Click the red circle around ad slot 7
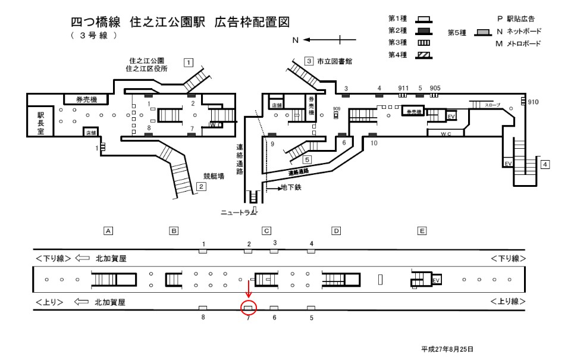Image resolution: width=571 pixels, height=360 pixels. (x=249, y=308)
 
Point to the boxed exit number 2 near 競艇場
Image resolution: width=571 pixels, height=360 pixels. (x=202, y=187)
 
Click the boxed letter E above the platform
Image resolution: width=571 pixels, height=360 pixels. (x=422, y=231)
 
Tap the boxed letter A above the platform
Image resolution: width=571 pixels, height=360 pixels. (x=108, y=231)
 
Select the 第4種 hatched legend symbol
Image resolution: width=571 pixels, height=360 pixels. (x=425, y=55)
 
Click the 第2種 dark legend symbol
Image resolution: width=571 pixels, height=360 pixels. (x=425, y=30)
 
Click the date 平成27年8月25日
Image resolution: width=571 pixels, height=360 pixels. (x=447, y=349)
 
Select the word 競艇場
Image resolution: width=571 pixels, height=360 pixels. (x=212, y=176)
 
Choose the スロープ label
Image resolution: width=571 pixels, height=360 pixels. (x=493, y=105)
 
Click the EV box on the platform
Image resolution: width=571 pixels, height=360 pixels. (x=436, y=280)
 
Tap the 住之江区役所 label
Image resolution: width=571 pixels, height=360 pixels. (x=146, y=69)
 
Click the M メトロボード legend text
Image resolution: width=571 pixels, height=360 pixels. (x=519, y=44)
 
